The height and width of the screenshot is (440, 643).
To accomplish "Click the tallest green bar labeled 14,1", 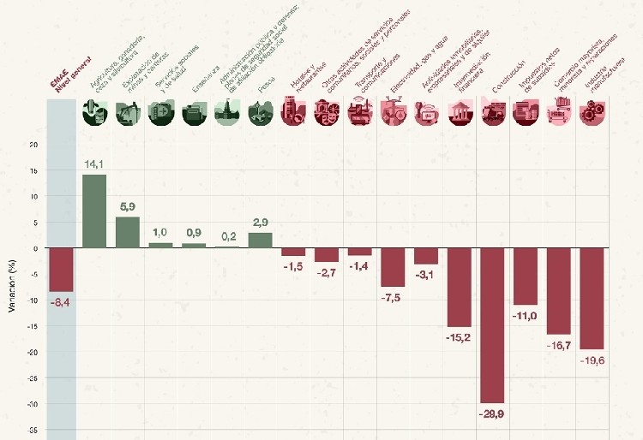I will click(94, 211).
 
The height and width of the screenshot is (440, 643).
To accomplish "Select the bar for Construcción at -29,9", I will click(492, 325).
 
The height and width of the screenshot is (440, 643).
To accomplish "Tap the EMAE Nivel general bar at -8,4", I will click(61, 270).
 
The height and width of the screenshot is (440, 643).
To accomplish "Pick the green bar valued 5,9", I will click(128, 232).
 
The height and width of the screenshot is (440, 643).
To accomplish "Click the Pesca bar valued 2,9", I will click(260, 241).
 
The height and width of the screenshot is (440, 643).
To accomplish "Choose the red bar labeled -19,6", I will click(592, 299).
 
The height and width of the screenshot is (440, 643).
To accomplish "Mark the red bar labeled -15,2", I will click(459, 288).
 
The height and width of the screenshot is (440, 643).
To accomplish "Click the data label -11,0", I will click(526, 316).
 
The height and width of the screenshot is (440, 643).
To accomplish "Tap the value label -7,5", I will click(393, 297).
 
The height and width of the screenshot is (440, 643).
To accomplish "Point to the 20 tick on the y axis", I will click(33, 145).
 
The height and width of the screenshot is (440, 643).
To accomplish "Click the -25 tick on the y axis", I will click(32, 378).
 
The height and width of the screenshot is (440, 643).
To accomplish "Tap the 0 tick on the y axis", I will click(35, 248).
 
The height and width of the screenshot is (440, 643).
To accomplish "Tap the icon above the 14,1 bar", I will click(94, 112).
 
